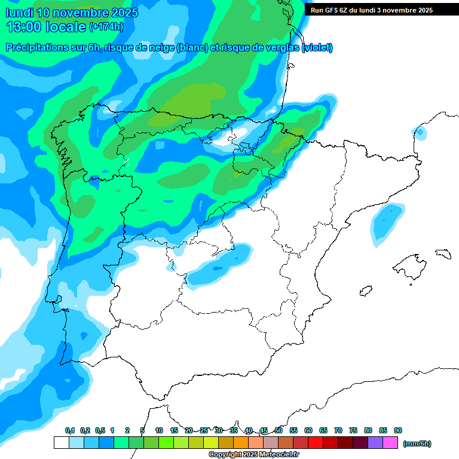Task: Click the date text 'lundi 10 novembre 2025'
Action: tap(72, 13)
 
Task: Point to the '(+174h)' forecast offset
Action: tap(106, 27)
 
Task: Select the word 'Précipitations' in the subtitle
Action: tap(35, 48)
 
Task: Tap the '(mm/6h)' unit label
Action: tap(417, 443)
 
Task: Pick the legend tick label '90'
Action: tap(398, 430)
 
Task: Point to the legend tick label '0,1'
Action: tap(70, 430)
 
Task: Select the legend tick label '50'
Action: tap(279, 430)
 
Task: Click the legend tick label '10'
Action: tap(159, 430)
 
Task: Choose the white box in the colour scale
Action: tap(61, 443)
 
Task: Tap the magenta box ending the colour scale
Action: tap(390, 443)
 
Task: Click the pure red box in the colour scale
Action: tap(316, 443)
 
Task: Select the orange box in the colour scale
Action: tap(241, 443)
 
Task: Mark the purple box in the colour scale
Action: tap(375, 443)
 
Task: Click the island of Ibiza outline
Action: tap(365, 290)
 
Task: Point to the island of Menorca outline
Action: tap(442, 253)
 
